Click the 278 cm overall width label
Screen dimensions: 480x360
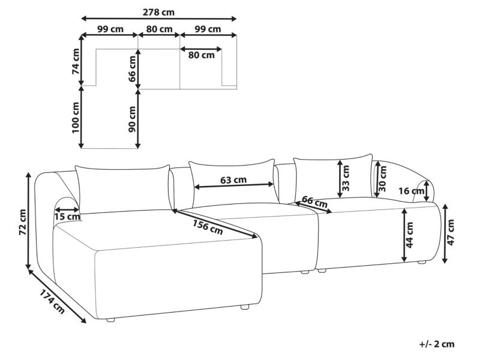158,12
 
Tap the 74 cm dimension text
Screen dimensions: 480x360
76,61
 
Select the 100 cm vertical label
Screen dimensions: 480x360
76,118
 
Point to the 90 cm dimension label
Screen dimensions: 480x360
132,119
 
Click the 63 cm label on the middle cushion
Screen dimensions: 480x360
233,179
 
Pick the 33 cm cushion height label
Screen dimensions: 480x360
346,178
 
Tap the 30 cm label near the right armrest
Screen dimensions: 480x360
383,178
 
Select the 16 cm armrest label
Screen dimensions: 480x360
412,191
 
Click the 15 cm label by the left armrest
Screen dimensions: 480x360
67,217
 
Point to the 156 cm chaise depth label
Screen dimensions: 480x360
208,227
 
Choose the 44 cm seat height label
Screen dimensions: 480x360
409,235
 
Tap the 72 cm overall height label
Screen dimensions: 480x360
23,222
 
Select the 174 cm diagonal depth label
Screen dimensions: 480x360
52,302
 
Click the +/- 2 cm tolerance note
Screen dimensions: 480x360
437,344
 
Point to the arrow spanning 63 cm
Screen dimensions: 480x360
234,185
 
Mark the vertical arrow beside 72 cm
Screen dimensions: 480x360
29,220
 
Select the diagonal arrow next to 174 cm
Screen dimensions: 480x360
57,296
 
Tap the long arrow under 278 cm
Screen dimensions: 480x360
159,19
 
